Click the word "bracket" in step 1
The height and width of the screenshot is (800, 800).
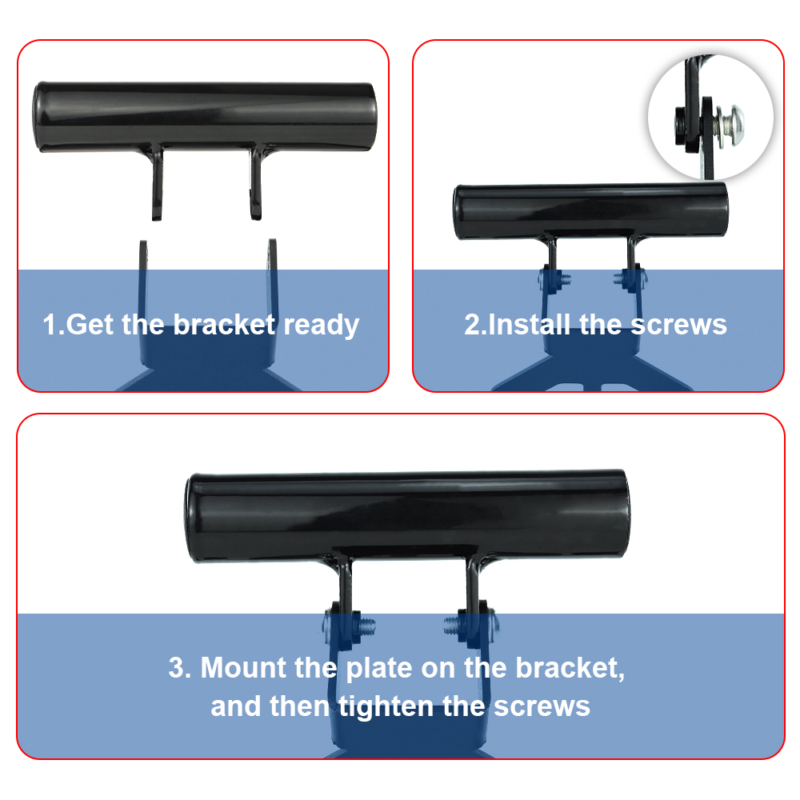point(224,325)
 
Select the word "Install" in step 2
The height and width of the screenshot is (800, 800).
point(528,325)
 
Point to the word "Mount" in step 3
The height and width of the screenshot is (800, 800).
point(243,667)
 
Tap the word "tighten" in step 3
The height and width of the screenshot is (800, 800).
point(386,707)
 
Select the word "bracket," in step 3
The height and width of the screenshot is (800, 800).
point(570,668)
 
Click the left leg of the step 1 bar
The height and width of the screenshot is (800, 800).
point(157,183)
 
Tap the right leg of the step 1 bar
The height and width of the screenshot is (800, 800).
point(256,183)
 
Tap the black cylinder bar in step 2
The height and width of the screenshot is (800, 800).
point(591,210)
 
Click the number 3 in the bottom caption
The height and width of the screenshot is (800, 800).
point(176,668)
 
